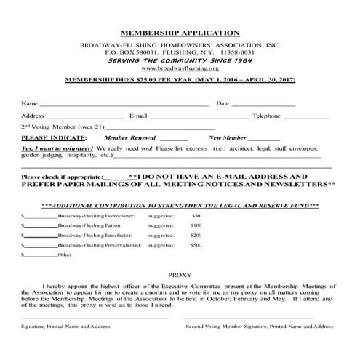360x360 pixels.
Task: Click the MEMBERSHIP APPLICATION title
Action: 180,32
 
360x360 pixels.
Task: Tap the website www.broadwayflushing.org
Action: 180,67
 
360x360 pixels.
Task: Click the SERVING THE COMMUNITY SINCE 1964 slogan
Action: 180,60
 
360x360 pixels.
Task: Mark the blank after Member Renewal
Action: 174,138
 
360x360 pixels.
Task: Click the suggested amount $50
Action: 196,216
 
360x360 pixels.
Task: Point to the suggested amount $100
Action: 196,226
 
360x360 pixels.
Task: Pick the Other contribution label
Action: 65,255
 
